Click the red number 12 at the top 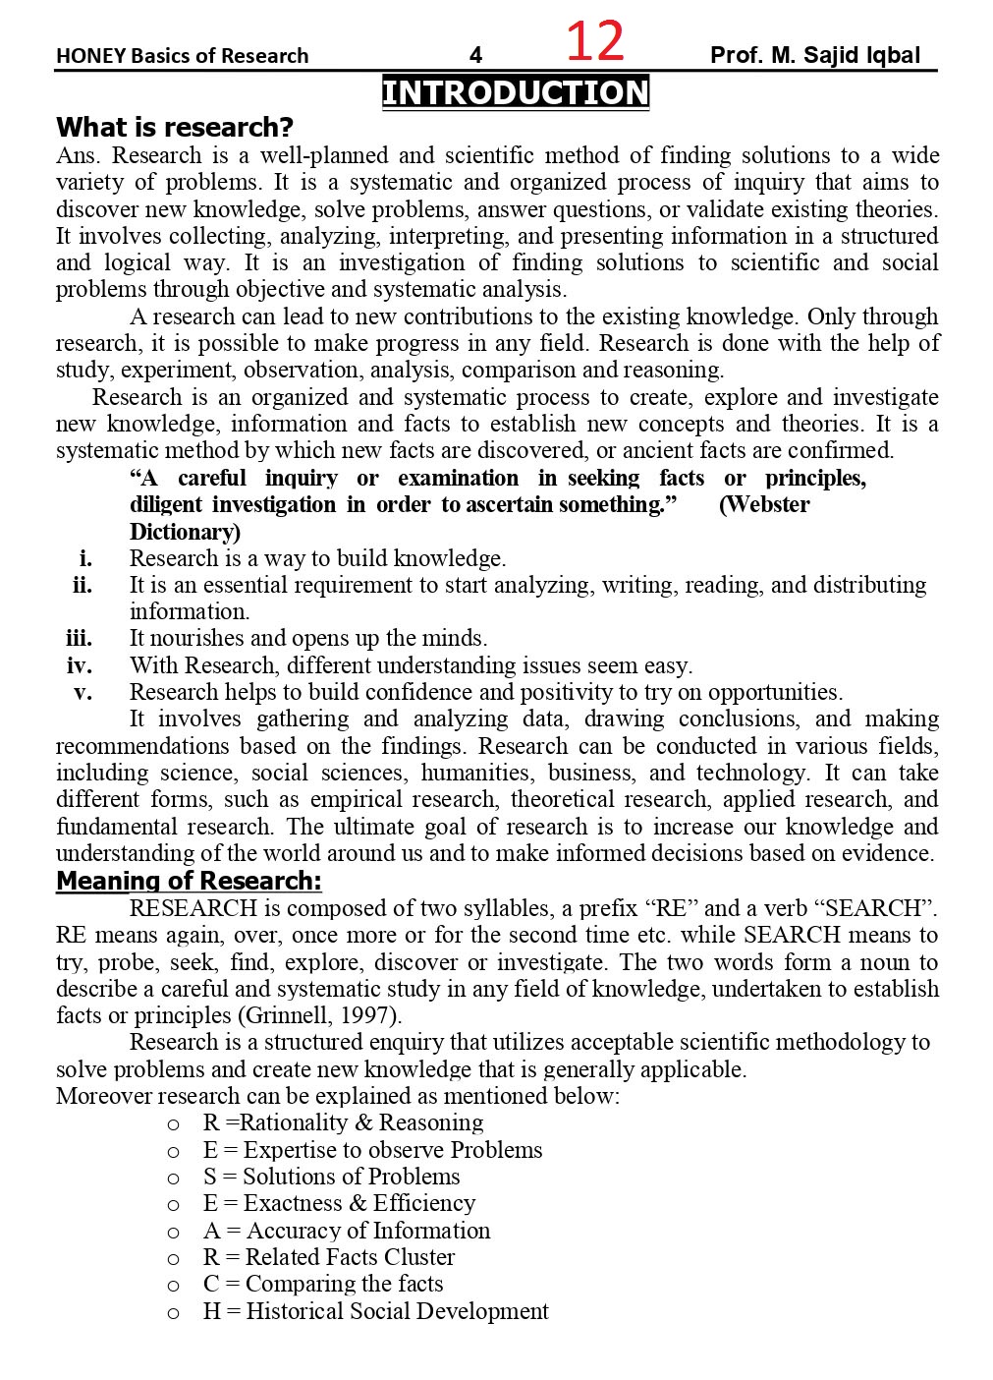click(595, 41)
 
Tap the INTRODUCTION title click(516, 92)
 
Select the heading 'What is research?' click(175, 127)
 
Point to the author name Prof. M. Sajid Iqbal click(815, 55)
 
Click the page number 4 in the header click(475, 56)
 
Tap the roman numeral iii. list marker click(80, 638)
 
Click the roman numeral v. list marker click(83, 692)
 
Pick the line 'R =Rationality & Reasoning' click(343, 1122)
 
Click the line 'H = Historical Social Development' click(375, 1311)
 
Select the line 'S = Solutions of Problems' click(331, 1177)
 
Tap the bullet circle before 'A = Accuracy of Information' click(174, 1232)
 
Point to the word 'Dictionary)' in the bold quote click(185, 532)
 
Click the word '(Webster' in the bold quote click(764, 504)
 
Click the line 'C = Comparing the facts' click(323, 1284)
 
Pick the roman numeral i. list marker click(86, 558)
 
